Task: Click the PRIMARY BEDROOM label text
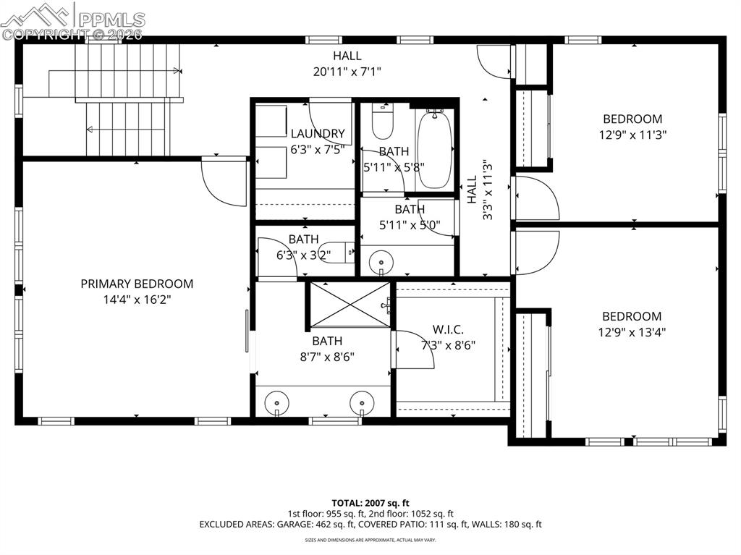click(137, 284)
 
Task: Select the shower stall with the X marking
click(350, 304)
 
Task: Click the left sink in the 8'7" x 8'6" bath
click(276, 402)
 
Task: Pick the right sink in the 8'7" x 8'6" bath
click(361, 402)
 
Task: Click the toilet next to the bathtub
click(381, 122)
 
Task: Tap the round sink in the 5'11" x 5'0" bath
click(378, 261)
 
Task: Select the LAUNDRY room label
click(318, 133)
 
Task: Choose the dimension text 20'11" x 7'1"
click(347, 71)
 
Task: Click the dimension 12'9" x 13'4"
click(632, 332)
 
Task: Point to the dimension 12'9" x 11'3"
click(632, 135)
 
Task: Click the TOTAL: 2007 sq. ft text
click(370, 502)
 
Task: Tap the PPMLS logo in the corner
click(72, 20)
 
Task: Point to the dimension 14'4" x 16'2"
click(137, 299)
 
